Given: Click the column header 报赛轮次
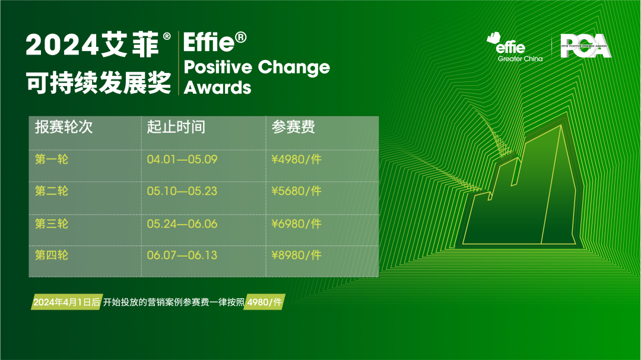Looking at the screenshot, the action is coord(64,127).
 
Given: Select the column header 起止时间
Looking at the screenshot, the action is coord(176,127).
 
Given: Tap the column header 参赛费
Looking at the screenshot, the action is coord(293,127).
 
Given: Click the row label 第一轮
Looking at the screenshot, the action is coord(52,160).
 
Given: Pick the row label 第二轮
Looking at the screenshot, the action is coord(52,191).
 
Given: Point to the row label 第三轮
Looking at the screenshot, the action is coord(52,224).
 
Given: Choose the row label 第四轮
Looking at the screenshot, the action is coord(52,256).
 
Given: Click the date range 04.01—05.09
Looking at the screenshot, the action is coord(182,160).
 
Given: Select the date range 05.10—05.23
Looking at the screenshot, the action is coord(182,191).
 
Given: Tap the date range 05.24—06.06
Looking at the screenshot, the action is coord(182,224).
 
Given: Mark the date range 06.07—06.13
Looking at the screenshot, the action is coord(182,256).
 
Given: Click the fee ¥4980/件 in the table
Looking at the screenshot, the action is coord(296,160).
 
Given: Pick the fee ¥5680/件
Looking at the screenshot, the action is coord(296,191).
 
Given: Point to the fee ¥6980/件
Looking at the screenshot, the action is coord(296,224).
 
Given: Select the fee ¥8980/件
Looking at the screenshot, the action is coord(296,256).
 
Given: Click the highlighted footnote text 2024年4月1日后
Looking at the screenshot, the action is coord(66,302).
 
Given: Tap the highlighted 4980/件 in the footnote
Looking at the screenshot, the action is coord(265,302).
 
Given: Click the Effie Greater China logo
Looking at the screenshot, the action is coord(515,47).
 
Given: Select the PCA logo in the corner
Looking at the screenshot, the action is coord(585,46).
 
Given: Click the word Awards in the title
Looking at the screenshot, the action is coord(217,87).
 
